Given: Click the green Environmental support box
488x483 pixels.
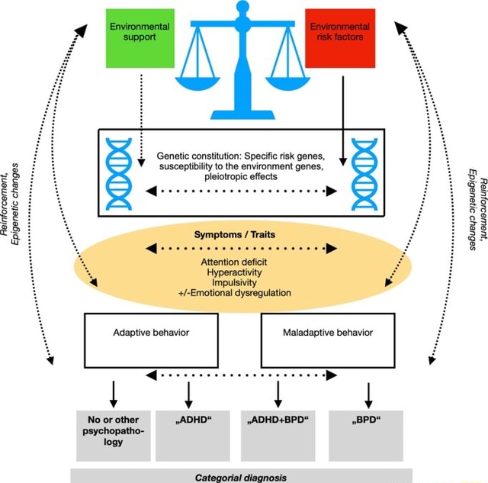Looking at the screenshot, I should tap(139, 37).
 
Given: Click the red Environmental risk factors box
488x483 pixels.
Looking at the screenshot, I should tap(339, 37).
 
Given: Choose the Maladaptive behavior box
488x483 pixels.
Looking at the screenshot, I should tap(328, 340).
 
